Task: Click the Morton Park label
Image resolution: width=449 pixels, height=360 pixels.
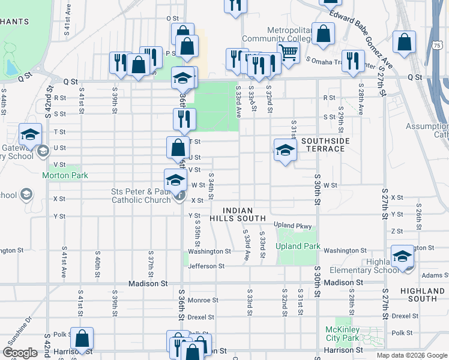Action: [x=65, y=175]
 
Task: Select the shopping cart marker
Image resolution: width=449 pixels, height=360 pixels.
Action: [x=289, y=53]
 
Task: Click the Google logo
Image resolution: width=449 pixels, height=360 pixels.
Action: [x=20, y=353]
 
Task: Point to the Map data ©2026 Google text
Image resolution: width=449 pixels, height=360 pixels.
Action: [x=411, y=355]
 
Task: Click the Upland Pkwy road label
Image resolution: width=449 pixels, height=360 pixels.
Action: [x=293, y=225]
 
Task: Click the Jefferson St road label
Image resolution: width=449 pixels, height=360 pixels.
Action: [x=206, y=266]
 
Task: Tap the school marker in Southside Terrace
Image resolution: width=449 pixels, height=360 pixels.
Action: [x=285, y=150]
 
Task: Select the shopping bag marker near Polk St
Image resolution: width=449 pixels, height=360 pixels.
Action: [x=82, y=338]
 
